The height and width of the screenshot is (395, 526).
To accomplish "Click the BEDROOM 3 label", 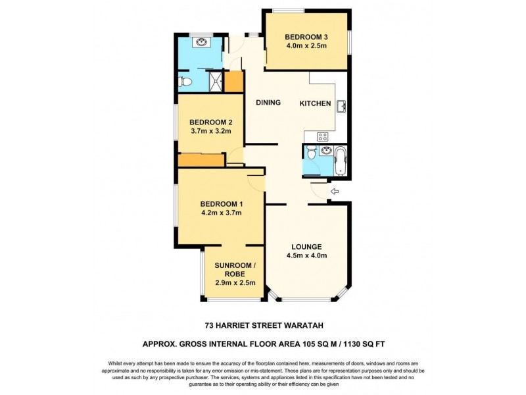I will tap(306, 36).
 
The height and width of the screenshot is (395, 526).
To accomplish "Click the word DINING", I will tap(268, 103).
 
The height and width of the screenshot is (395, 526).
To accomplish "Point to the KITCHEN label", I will tap(315, 103).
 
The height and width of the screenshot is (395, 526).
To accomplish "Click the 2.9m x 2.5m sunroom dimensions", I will tap(235, 282).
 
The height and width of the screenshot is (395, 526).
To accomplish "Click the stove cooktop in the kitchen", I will tap(323, 137).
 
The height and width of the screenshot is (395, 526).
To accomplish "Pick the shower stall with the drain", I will tap(214, 82).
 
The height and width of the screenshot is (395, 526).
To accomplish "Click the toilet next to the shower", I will tap(186, 82).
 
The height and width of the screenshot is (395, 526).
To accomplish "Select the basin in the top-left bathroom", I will tap(201, 43).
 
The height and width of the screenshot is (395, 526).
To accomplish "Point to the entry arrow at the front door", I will tap(334, 192).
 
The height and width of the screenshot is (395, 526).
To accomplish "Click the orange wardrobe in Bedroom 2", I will tap(200, 161).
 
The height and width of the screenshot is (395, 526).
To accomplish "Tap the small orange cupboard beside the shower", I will tap(234, 82).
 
